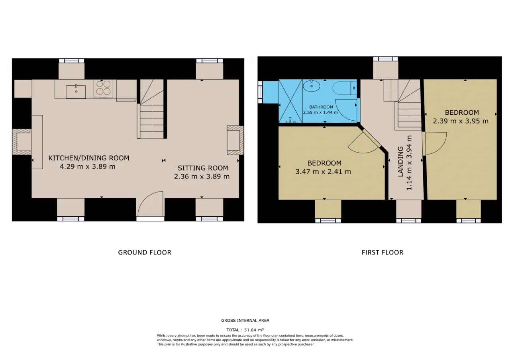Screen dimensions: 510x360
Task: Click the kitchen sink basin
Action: tap(76, 92)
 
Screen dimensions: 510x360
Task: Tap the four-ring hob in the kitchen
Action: tap(103, 88)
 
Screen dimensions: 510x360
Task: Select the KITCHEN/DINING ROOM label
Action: tap(89, 158)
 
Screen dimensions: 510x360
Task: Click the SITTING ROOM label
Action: tap(203, 168)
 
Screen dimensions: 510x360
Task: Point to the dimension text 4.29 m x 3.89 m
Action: tap(88, 166)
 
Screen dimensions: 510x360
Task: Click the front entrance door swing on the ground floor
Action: tap(151, 204)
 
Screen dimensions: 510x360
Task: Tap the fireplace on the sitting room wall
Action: tap(235, 141)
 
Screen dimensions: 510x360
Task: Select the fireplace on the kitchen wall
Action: tap(22, 142)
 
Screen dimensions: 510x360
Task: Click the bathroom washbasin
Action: tap(312, 86)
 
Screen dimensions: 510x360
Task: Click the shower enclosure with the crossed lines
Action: tap(290, 101)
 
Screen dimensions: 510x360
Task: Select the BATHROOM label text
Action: tap(321, 107)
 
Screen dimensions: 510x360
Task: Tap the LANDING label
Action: tap(400, 162)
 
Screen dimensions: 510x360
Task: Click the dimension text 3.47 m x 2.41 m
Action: tap(323, 172)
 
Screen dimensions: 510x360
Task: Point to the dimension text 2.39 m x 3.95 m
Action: tap(461, 121)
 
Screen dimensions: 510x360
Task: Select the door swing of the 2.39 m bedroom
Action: tap(434, 143)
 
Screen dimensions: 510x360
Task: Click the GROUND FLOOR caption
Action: tap(145, 252)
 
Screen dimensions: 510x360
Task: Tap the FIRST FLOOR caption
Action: tap(382, 252)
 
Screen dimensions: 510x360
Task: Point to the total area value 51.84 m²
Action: tap(254, 330)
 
